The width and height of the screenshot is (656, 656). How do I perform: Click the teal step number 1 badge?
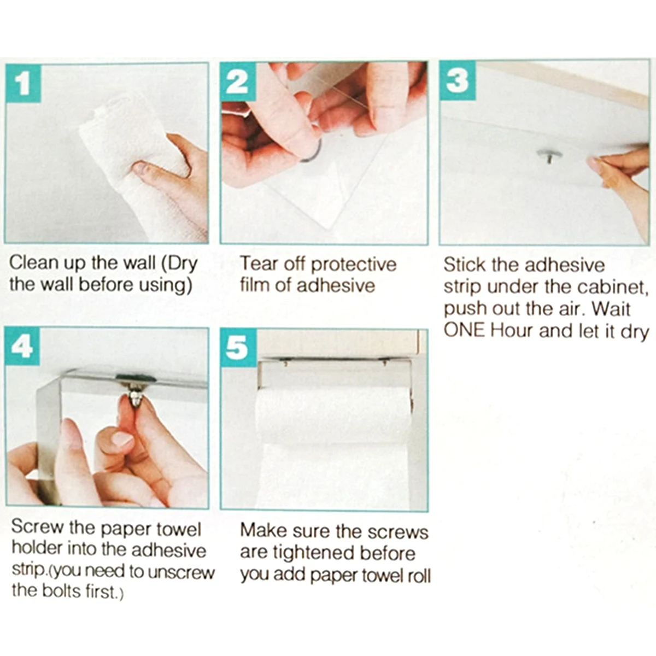pyautogui.click(x=23, y=83)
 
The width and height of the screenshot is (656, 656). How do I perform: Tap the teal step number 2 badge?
pyautogui.click(x=238, y=81)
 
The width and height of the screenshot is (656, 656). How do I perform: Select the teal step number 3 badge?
pyautogui.click(x=457, y=81)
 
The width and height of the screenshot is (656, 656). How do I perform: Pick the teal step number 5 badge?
pyautogui.click(x=238, y=348)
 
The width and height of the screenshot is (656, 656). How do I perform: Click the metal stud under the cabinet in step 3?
pyautogui.click(x=549, y=156)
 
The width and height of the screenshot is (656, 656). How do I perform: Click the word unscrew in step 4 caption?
pyautogui.click(x=181, y=572)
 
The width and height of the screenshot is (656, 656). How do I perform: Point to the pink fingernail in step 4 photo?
pyautogui.click(x=122, y=439)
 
